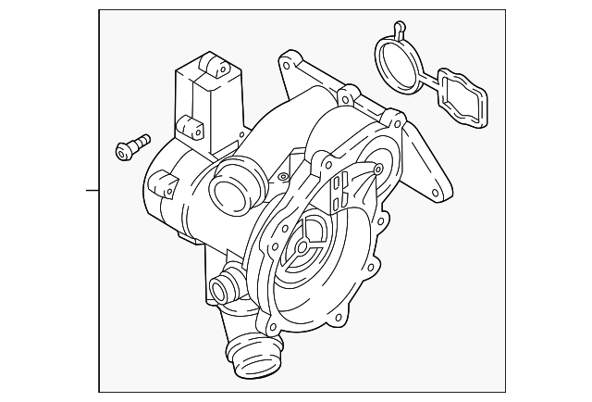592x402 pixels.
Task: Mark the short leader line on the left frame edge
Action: coord(92,192)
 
